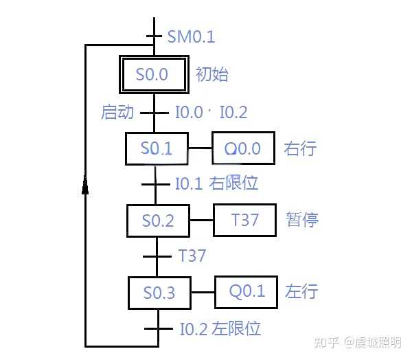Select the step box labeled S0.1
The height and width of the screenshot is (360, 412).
tap(156, 148)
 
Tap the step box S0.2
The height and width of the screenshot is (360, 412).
tap(157, 221)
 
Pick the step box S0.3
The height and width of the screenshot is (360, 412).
tap(159, 293)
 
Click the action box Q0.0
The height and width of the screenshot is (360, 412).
tap(243, 148)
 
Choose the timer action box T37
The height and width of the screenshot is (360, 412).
tap(244, 220)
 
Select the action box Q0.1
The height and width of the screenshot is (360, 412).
tap(247, 291)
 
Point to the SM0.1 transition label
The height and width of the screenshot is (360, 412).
tap(191, 36)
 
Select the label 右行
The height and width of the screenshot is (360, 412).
tap(300, 148)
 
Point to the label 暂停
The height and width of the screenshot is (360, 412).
tap(302, 220)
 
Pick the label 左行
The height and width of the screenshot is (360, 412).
tap(301, 291)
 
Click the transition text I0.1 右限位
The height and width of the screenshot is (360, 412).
tap(216, 184)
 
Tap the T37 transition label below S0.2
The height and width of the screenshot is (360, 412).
tap(192, 256)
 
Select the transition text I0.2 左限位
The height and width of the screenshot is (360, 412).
tap(220, 328)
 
